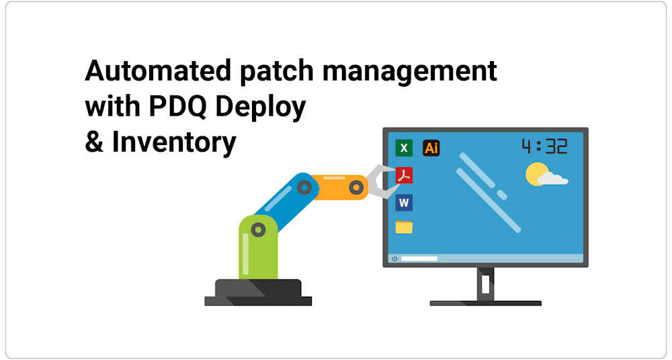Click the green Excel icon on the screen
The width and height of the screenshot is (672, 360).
pos(404,148)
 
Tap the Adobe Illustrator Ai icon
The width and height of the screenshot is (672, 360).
pos(431,148)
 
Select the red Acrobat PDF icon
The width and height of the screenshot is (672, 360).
pos(404,175)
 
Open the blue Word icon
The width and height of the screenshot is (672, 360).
pos(404,202)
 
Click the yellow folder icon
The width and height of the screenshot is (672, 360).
pos(404,227)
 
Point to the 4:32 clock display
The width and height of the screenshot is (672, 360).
pos(544,146)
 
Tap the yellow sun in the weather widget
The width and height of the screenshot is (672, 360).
pos(536,173)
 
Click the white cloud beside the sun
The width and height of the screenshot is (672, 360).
pos(554,179)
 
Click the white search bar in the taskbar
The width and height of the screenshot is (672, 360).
pos(420,259)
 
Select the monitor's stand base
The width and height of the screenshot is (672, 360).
pos(485,303)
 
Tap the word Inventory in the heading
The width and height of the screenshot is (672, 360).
pos(174,142)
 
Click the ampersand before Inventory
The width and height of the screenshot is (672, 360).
pos(94,142)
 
